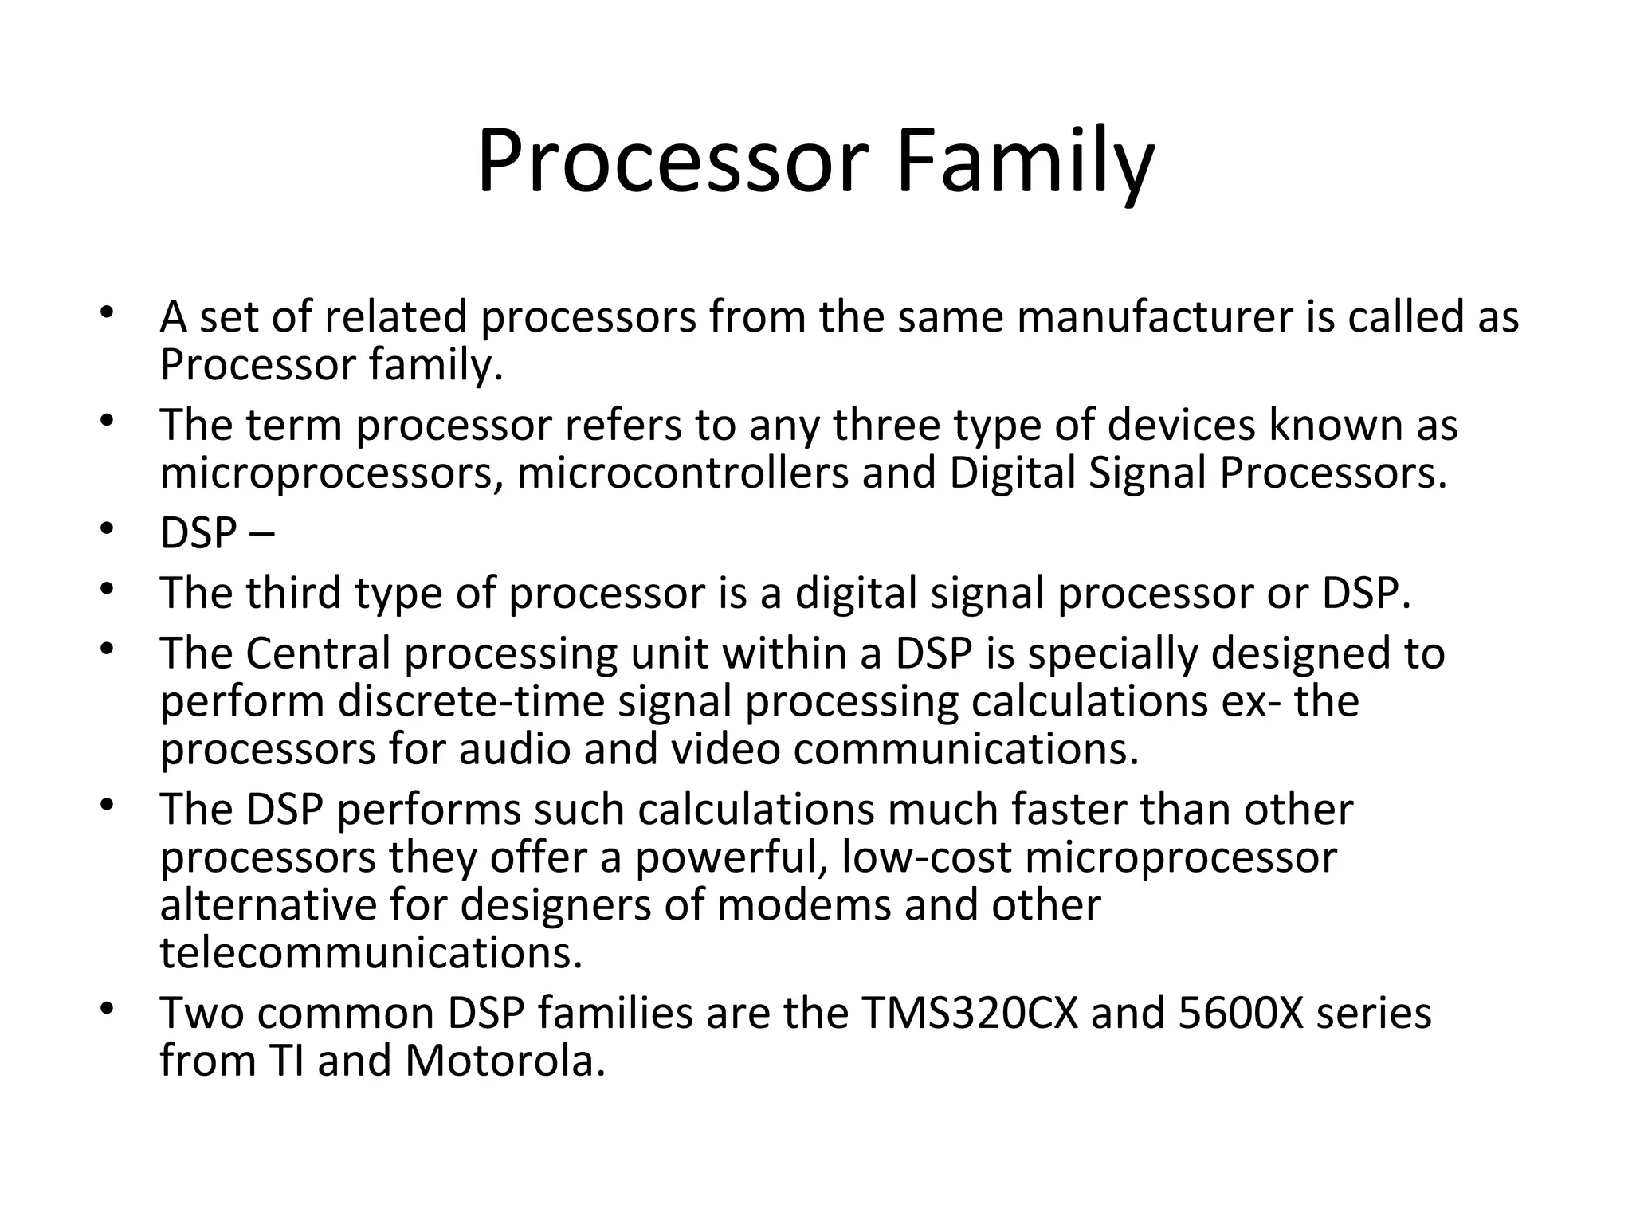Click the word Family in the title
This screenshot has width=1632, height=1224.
1025,163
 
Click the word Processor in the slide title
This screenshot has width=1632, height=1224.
672,163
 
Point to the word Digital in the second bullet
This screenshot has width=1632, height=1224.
1012,473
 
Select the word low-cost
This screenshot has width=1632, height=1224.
926,857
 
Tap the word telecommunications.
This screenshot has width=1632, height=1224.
371,953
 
